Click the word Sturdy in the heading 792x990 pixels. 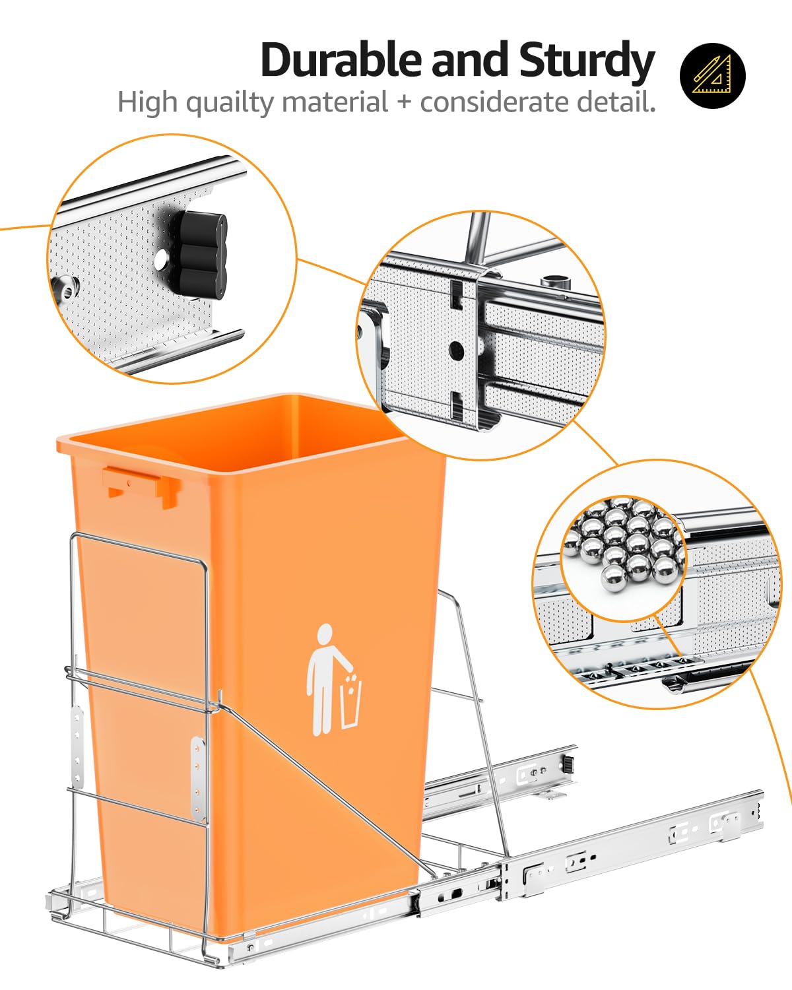point(586,61)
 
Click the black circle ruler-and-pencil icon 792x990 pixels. point(712,75)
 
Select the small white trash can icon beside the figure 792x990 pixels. point(350,704)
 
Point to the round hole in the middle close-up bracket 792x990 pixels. point(455,347)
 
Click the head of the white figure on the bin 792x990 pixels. point(325,634)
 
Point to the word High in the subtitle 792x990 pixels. point(147,103)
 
